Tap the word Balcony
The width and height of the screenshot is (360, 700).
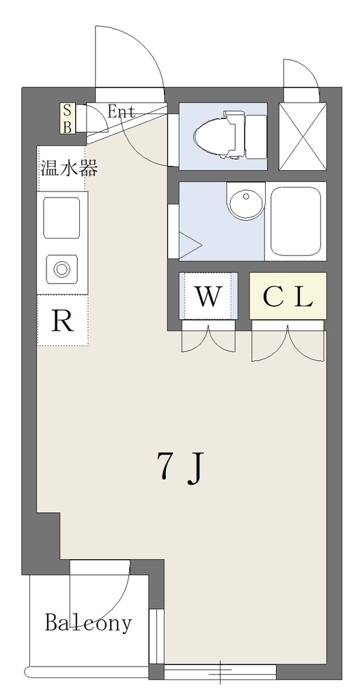pos(88,623)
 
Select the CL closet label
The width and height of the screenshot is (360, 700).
pos(288,296)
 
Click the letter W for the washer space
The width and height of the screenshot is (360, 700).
pos(208,297)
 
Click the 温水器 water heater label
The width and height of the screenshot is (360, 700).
pos(69,168)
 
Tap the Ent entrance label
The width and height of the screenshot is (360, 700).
pos(121,111)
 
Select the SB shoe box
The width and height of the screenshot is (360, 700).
pos(68,118)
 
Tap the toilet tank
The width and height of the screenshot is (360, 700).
pos(255,136)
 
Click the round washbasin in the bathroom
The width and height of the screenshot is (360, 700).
pos(245,200)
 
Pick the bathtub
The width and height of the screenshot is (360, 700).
pos(296,221)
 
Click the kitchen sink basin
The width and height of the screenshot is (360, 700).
pos(62,218)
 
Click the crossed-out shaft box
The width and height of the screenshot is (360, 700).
pos(303,137)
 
